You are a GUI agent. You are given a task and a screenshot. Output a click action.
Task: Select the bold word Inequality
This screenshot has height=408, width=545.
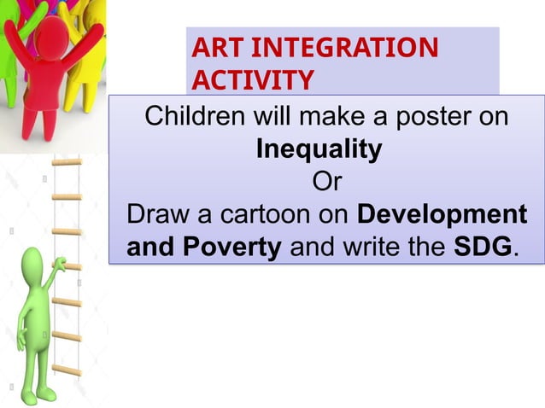319,149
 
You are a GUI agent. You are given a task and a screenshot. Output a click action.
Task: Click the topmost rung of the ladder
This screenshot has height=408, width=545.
66,161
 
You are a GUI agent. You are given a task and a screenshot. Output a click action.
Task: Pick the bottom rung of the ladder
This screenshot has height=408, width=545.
66,371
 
